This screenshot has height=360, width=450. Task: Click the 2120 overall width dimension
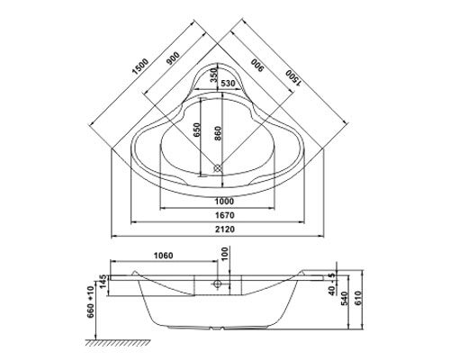coord(225,229)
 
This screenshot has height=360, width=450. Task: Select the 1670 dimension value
coord(225,215)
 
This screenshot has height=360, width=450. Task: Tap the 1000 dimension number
coord(224,202)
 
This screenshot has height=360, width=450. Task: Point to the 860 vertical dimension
coord(218,133)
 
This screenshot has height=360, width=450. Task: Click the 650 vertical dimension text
coord(196,130)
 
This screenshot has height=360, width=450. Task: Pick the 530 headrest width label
coord(229,84)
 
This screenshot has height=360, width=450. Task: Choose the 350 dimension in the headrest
coord(213,75)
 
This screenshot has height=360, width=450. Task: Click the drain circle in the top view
coord(218,168)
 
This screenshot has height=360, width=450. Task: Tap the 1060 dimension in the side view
coord(164,256)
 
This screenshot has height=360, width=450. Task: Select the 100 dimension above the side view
coord(226,254)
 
